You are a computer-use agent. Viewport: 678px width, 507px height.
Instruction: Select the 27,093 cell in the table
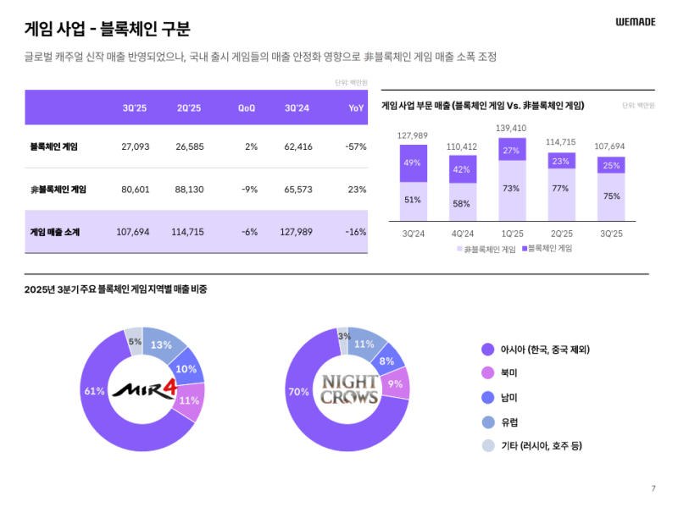(x=136, y=146)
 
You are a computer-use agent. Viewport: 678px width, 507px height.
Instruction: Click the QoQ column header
(x=247, y=108)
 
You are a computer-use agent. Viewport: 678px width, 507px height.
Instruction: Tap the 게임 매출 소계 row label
(x=55, y=232)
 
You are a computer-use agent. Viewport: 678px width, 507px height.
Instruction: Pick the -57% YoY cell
(x=356, y=146)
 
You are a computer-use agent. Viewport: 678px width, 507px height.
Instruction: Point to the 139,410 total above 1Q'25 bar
(x=511, y=129)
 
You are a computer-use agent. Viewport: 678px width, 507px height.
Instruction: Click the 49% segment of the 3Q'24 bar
(x=413, y=163)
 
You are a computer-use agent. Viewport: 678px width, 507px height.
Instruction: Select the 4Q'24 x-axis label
(x=462, y=233)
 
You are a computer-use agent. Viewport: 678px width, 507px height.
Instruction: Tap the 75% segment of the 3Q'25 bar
(x=611, y=196)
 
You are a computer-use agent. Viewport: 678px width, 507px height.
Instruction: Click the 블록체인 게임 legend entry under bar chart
(x=547, y=249)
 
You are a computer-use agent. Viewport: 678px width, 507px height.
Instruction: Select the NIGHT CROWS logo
(x=348, y=389)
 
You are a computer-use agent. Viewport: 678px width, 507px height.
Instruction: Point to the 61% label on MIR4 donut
(x=94, y=391)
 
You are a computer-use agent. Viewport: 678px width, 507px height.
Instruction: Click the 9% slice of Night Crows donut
(x=395, y=383)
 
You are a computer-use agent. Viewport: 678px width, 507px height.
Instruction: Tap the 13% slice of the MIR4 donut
(x=161, y=344)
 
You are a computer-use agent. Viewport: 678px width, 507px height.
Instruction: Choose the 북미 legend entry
(x=509, y=372)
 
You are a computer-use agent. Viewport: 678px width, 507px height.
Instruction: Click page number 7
(x=653, y=488)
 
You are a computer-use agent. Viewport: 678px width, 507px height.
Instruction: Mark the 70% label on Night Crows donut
(x=298, y=392)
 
